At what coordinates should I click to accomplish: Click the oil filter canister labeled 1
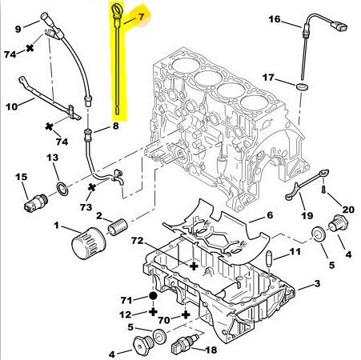coord(89,243)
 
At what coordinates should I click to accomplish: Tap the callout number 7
coord(141,17)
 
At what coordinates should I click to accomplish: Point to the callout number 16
coord(275,19)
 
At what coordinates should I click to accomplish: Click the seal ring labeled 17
coord(302,86)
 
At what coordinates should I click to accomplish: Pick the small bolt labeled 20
coord(324,190)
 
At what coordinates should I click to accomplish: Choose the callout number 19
coord(307,215)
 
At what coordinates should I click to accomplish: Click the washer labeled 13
coord(62,189)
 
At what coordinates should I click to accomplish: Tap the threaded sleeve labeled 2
coord(118,227)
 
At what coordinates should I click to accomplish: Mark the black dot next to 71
coord(153,296)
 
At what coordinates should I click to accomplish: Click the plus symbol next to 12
coord(153,311)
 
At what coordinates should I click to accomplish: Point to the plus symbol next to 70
coord(186,315)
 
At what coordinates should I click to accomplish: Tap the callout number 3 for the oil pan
coord(317,283)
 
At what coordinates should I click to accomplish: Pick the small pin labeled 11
coord(269,259)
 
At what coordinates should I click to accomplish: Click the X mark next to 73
coord(91,187)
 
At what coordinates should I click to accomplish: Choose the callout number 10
coord(11,106)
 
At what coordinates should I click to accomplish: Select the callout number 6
coord(270,215)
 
